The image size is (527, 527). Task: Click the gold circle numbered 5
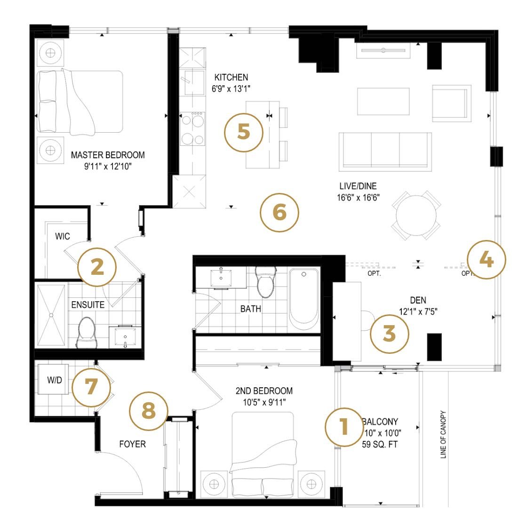(243, 132)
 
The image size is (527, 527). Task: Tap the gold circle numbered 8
(149, 412)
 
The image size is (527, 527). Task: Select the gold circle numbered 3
(389, 333)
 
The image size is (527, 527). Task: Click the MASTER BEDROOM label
(108, 155)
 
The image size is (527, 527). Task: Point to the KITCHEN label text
(231, 77)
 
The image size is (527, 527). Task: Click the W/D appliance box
(54, 380)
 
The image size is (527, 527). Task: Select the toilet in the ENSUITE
(88, 331)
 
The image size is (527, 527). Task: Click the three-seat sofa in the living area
(385, 150)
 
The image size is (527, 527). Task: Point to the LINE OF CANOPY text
(443, 435)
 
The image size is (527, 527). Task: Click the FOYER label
(132, 444)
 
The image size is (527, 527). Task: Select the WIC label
(63, 236)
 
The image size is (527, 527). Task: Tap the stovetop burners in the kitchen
(193, 128)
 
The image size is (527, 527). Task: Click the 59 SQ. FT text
(380, 444)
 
